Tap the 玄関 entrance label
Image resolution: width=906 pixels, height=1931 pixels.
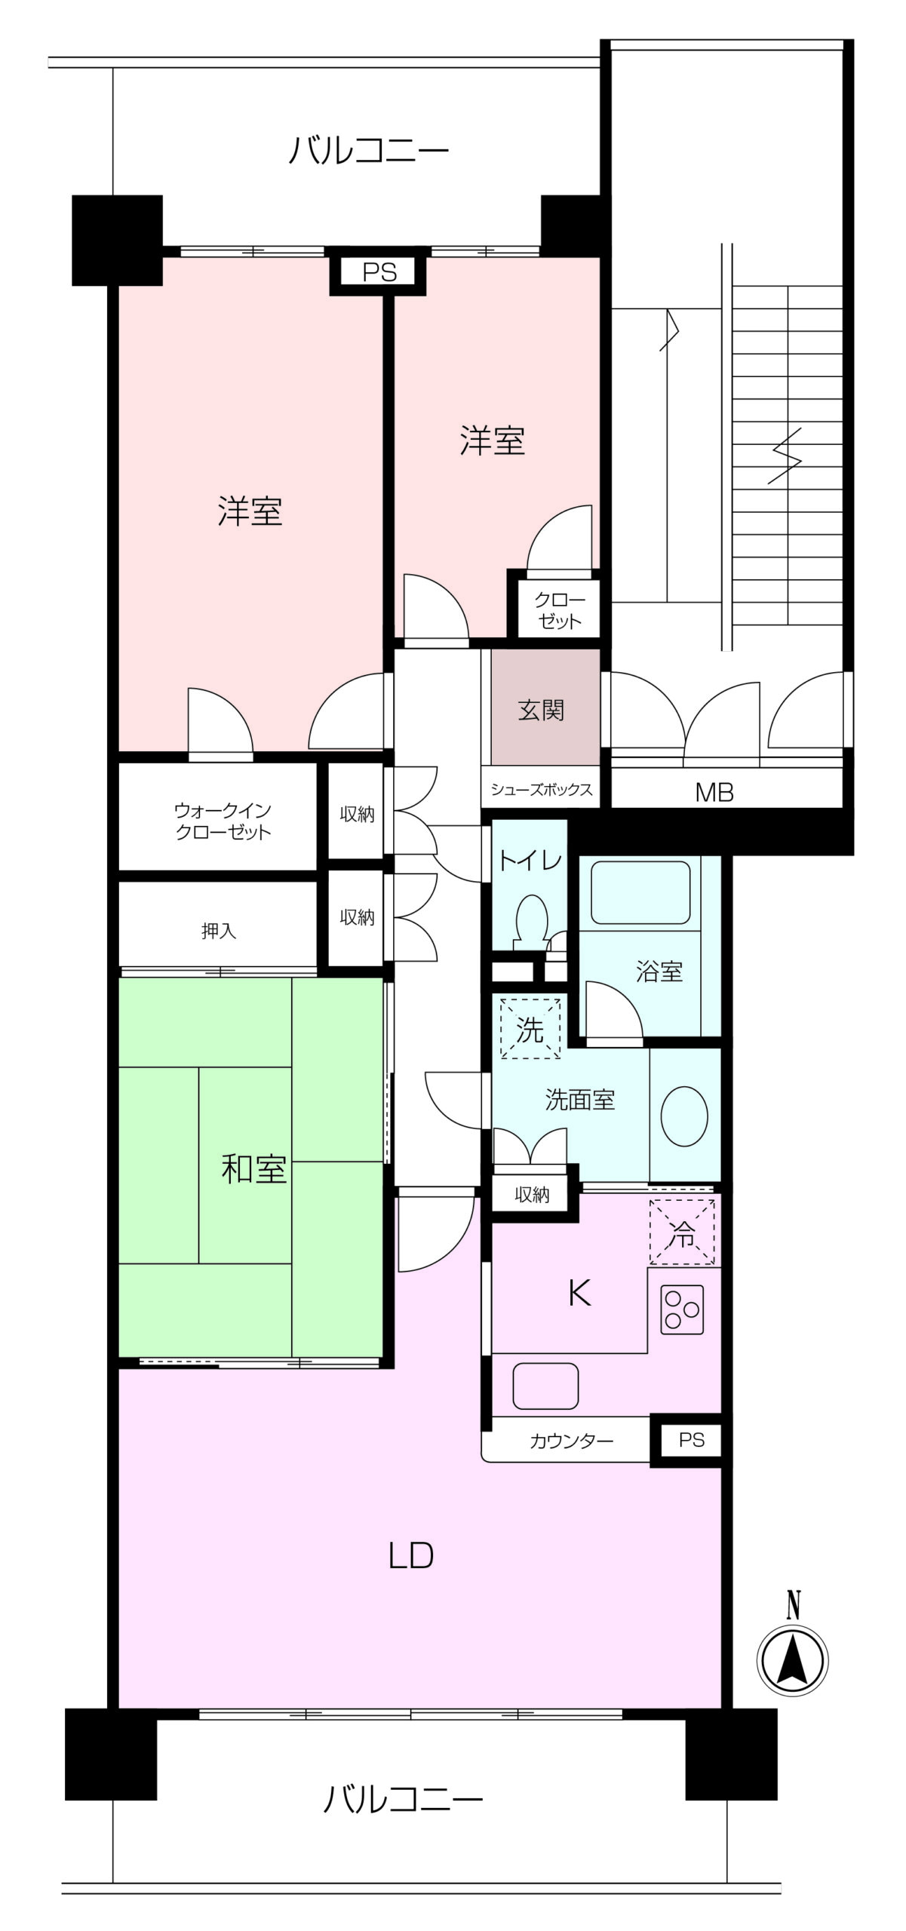541,710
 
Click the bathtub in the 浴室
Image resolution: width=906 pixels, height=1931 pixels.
640,892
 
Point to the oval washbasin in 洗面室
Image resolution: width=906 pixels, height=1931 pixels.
684,1116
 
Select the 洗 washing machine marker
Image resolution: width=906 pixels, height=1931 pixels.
530,1029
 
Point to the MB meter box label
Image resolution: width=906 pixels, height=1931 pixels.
714,792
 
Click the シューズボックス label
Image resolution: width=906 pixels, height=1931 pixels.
541,790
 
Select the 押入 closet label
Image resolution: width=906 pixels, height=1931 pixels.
219,931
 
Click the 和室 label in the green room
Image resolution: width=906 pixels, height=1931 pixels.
253,1168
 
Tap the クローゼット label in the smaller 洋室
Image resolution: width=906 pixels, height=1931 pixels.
559,611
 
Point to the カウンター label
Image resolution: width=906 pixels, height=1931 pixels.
572,1441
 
